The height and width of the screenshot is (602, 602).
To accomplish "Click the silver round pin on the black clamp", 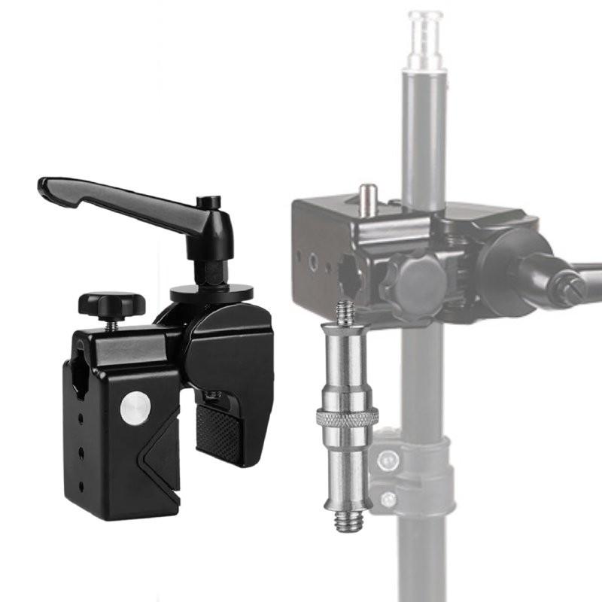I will [x=135, y=409].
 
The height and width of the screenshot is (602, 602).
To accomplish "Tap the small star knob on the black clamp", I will [x=111, y=303].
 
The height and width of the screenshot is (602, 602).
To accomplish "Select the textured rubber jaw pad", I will [x=219, y=433].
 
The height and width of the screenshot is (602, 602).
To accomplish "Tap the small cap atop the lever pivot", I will [x=209, y=202].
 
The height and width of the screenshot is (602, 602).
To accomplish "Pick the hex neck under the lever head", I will [x=213, y=270].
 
